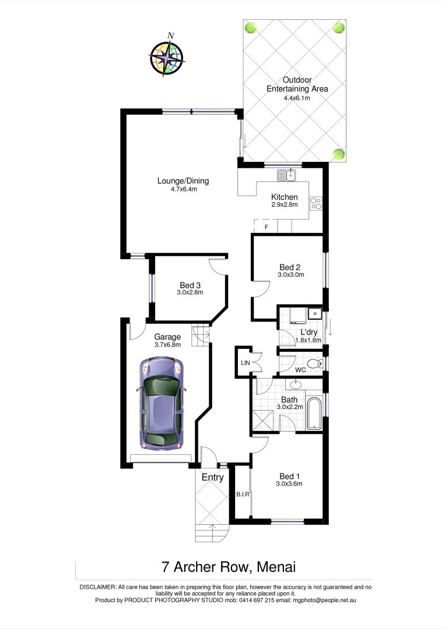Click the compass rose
(x=167, y=56)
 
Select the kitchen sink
(x=288, y=174)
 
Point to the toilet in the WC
(x=314, y=365)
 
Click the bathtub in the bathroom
(x=314, y=414)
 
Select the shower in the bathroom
(x=261, y=420)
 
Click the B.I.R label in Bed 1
(x=243, y=494)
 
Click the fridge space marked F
(x=267, y=227)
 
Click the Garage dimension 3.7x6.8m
(x=167, y=345)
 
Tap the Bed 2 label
(x=289, y=267)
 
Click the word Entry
(x=212, y=478)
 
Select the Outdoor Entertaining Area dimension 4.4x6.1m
(x=297, y=98)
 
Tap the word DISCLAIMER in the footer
(x=98, y=587)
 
